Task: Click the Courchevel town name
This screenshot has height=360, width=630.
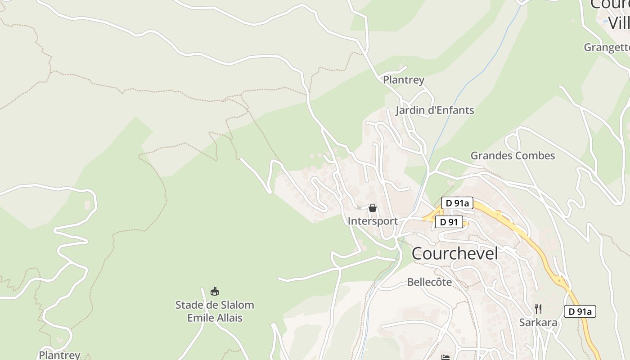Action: click(454, 253)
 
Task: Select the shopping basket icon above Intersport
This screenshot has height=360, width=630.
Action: click(373, 208)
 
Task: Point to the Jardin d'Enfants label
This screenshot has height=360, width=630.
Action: click(435, 110)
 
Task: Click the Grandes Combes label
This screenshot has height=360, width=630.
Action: click(513, 156)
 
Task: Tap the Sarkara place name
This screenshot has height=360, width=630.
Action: click(538, 323)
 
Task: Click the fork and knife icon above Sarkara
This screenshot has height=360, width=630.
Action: click(538, 309)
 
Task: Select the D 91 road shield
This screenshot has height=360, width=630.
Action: click(449, 222)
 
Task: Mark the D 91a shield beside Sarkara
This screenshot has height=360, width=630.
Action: click(580, 311)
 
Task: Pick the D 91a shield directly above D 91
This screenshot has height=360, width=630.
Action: click(457, 203)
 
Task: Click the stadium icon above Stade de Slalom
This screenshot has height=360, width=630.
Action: click(215, 292)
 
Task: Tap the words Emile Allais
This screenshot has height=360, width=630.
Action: click(215, 318)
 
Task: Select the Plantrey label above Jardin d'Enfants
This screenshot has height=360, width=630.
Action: click(404, 80)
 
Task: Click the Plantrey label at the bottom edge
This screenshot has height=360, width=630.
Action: click(59, 355)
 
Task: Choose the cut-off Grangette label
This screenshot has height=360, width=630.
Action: click(607, 47)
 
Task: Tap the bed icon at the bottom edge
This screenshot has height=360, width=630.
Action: click(445, 357)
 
